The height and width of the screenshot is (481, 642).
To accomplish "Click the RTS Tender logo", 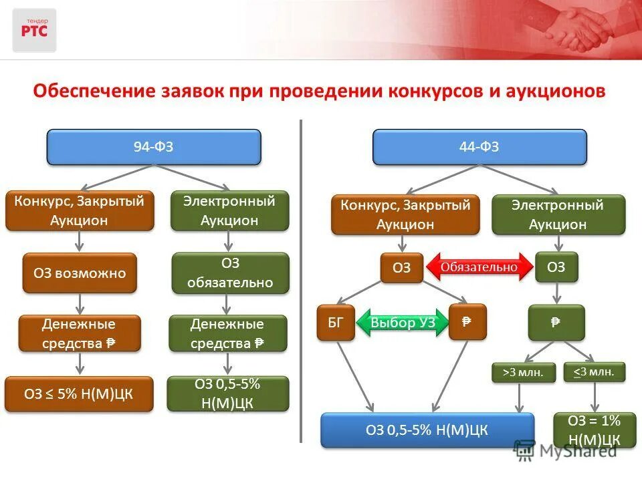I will (x=34, y=30).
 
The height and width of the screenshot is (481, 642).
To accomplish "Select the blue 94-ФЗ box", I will (x=153, y=147).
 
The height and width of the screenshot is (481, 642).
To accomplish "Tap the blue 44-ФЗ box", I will (x=479, y=147).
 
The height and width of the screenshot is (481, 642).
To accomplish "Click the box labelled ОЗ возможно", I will (x=80, y=273).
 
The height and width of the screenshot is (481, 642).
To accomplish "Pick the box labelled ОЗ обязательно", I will (x=230, y=273).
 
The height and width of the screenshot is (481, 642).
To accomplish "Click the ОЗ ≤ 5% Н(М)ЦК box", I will (x=79, y=393).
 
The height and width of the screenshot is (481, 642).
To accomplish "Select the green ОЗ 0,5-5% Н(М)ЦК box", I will (x=228, y=393).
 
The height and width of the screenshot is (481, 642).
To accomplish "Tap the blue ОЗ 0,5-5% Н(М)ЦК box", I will (x=427, y=430).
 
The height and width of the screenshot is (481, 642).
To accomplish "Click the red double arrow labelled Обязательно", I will (x=479, y=267).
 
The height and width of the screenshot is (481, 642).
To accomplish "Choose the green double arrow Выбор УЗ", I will (x=403, y=323).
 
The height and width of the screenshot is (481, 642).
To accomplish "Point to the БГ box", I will (x=336, y=323).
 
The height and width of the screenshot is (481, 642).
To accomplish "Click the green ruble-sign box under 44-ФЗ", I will (x=556, y=322).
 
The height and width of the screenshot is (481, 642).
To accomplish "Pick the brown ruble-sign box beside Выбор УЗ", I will (x=467, y=322).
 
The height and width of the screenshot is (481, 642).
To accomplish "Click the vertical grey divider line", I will (x=301, y=281).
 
